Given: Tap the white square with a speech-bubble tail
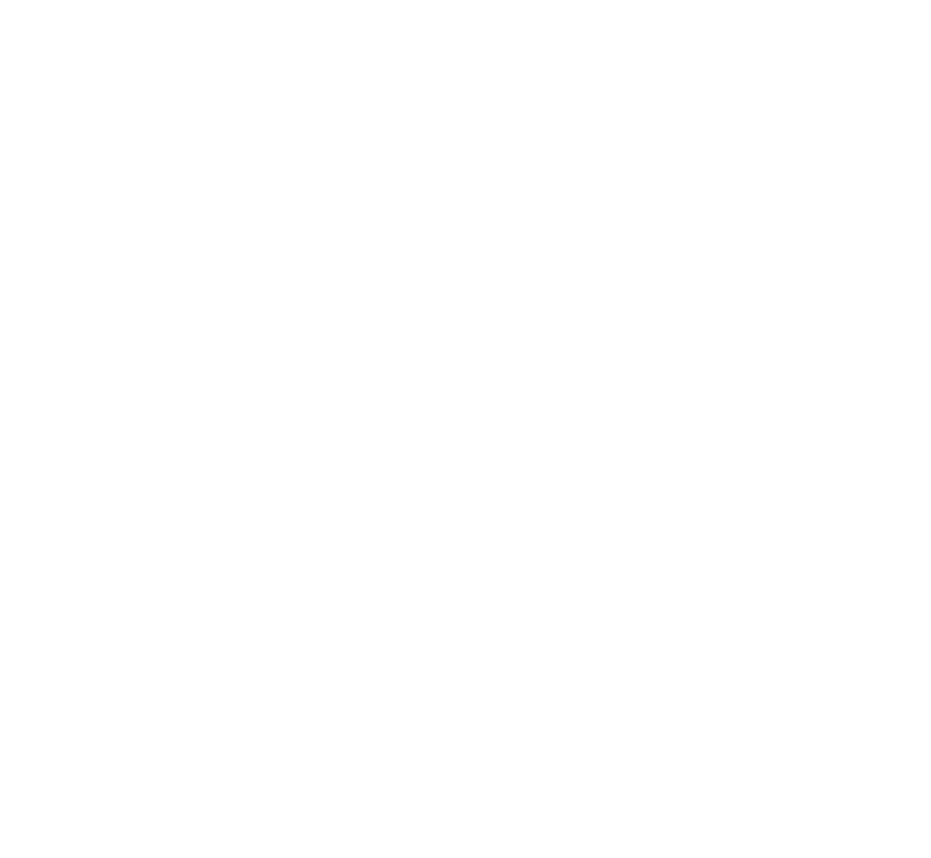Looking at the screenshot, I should [631, 306].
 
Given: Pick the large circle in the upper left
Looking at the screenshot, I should [189, 303].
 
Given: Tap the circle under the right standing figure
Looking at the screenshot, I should [705, 614].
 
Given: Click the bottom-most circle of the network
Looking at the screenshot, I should [395, 642].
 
